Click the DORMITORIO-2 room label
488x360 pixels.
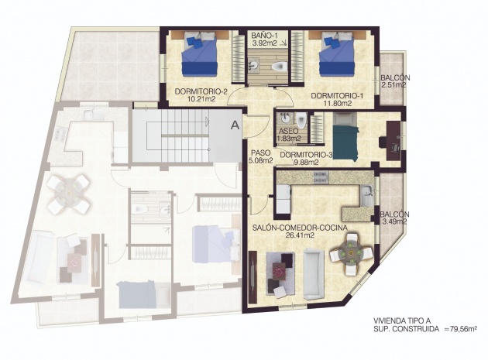201,92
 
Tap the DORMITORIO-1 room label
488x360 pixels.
338,95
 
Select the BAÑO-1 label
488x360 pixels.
264,36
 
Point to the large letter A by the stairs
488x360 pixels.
235,125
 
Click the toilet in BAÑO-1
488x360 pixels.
279,66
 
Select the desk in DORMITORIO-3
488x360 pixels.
393,141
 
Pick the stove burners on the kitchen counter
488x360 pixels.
321,177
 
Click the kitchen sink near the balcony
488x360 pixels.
366,195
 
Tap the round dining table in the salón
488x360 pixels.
351,253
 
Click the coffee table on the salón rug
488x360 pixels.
279,269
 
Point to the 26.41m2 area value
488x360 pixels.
300,235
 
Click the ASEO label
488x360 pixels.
288,132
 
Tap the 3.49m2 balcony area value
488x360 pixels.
393,221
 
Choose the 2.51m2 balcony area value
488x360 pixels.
393,84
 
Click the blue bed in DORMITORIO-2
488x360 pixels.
199,54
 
